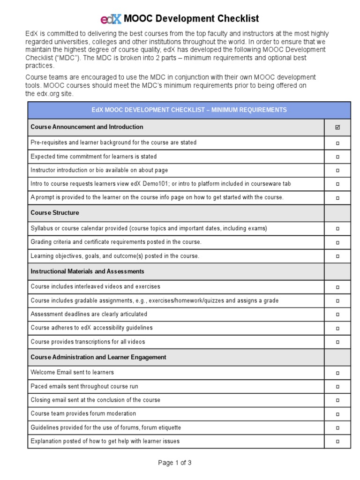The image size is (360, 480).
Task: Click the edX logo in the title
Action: (111, 19)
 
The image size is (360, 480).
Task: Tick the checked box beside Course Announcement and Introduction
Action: (337, 127)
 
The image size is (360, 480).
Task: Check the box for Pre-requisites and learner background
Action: (337, 143)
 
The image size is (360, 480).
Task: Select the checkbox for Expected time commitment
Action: (337, 157)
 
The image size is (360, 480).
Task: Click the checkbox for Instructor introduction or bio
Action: (337, 171)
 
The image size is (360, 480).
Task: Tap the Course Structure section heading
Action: (55, 213)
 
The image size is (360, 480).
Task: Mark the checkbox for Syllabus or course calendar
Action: (337, 229)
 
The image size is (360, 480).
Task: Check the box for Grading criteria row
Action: (337, 243)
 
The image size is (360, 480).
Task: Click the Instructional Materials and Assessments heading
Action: (87, 271)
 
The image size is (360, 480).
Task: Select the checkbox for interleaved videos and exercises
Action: (337, 287)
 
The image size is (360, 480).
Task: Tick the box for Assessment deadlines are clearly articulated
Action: (337, 315)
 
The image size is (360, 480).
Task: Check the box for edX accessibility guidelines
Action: (337, 329)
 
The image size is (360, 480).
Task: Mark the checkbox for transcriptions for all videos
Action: (337, 342)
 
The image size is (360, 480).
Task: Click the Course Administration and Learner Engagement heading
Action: (98, 357)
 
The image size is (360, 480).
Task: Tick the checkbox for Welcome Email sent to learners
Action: (337, 373)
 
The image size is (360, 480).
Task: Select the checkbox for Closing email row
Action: (337, 400)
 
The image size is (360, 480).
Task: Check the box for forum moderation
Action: (337, 414)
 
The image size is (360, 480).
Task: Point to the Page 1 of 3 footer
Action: (175, 463)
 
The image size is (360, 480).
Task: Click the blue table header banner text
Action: (189, 110)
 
